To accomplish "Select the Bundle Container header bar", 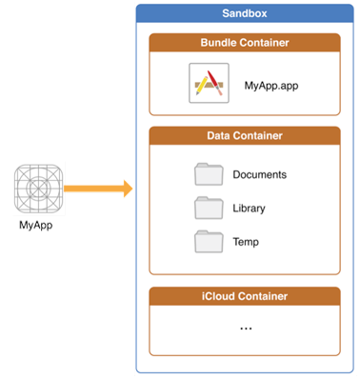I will coord(245,44).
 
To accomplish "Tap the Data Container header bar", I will coord(245,136).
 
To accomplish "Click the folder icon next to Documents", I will coord(208,174).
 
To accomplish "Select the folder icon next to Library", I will coord(208,207).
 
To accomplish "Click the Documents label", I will coord(259,175).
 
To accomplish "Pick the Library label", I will coord(250,208).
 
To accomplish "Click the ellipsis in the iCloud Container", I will coord(246,329).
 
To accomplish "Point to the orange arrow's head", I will coord(126,189).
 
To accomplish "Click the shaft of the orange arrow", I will coord(90,189).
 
